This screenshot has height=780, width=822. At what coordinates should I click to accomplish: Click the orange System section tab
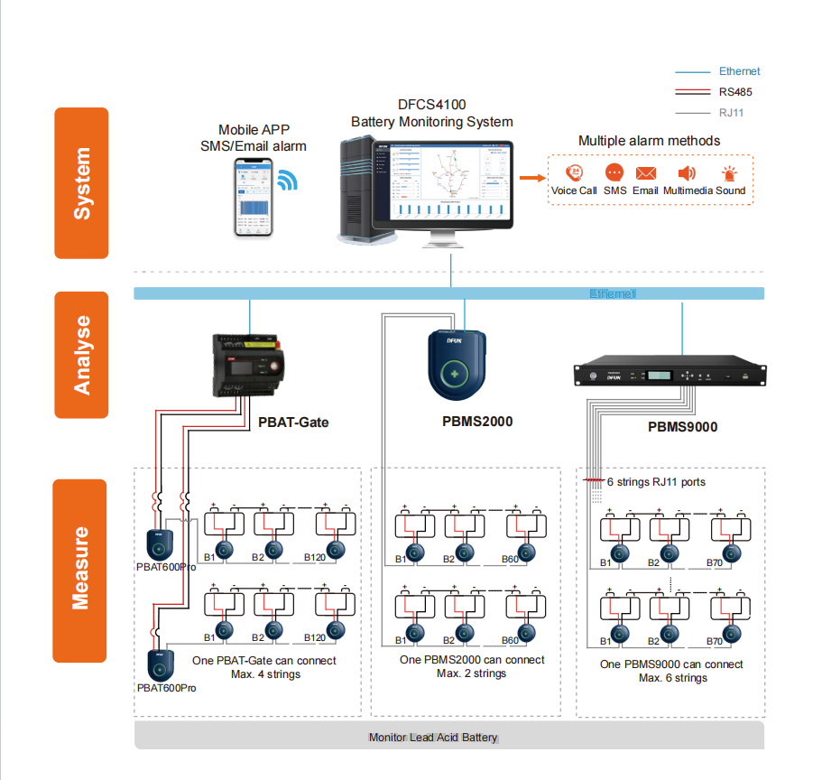tap(81, 183)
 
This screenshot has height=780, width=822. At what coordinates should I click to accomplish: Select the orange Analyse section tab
tap(81, 355)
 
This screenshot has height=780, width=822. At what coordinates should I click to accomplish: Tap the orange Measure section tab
tap(81, 570)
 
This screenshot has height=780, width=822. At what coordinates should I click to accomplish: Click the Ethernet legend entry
tap(739, 71)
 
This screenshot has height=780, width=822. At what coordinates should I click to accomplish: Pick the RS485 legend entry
tap(735, 92)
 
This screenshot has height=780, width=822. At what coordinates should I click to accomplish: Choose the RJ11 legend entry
tap(731, 113)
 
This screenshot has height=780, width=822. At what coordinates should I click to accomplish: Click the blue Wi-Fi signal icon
tap(287, 180)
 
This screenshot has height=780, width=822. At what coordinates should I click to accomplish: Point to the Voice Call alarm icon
tap(574, 173)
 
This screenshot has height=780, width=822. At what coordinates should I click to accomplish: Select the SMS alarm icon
tap(614, 173)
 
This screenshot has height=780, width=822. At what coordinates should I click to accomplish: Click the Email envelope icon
tap(645, 173)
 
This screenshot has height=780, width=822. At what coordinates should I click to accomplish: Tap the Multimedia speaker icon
tap(687, 173)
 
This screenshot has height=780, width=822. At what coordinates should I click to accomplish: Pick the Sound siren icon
tap(729, 174)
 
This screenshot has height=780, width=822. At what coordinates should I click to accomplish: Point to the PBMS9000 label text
tap(682, 426)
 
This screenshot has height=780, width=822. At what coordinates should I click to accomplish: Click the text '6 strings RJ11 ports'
tap(656, 482)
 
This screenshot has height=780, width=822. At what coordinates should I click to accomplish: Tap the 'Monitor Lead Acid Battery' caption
tap(433, 738)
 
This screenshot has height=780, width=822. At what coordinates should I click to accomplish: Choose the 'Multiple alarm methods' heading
tap(649, 141)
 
